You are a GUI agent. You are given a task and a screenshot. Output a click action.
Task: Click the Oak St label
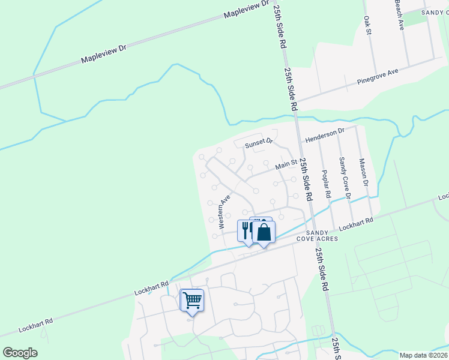pos(367,26)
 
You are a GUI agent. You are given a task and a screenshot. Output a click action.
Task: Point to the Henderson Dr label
pos(325,134)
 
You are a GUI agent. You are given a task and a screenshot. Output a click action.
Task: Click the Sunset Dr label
pos(259,143)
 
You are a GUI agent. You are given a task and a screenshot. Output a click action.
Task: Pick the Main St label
pos(286,164)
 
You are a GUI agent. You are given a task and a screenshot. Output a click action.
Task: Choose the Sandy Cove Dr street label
pos(344,175)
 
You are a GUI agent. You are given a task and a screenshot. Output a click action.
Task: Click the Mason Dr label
pos(363,172)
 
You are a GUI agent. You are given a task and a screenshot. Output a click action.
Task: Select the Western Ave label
pos(225,211)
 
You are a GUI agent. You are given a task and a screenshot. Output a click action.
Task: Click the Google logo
pos(20,353)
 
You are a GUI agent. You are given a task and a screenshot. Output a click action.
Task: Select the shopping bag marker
pos(264,232)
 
